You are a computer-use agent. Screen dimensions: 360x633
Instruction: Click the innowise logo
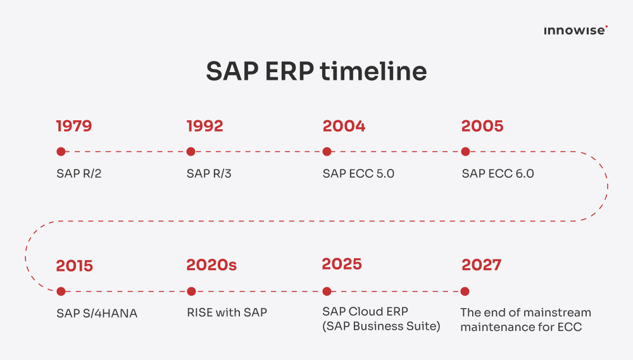coord(575,30)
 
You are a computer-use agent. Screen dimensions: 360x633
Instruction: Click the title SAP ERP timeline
coord(316,71)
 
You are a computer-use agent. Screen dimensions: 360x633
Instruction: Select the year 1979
coord(74,126)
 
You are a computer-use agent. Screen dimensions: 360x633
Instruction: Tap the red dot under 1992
coord(191,152)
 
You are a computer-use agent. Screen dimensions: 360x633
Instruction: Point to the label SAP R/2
coord(78,173)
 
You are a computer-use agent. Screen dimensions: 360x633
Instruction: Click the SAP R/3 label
coord(209,173)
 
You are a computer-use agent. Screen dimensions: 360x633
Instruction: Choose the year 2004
coord(344,126)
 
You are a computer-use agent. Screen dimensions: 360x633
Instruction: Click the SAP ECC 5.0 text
coord(358,173)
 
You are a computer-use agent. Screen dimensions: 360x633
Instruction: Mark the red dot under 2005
coord(465,152)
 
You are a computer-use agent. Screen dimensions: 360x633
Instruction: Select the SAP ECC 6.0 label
coord(498,173)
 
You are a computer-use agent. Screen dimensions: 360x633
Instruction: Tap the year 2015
coord(74,265)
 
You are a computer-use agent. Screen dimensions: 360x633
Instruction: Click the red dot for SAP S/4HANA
coord(61,292)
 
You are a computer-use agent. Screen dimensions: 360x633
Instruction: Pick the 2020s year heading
coord(211,265)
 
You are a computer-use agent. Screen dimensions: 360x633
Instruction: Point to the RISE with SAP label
coord(227,313)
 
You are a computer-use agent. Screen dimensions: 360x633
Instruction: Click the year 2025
coord(342,264)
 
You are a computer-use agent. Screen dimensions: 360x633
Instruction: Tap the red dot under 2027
coord(465,292)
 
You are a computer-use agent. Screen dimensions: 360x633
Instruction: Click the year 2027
coord(481,265)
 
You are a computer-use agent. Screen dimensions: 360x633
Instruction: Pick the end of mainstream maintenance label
coord(525,320)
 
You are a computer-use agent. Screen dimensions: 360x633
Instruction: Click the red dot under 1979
coord(61,152)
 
